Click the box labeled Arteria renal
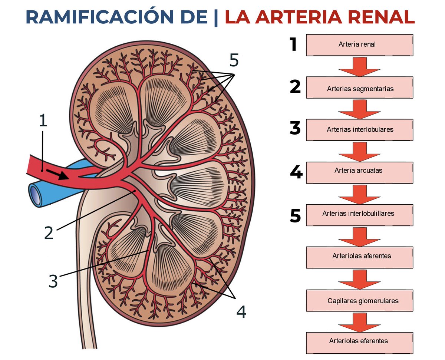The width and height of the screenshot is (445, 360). (359, 45)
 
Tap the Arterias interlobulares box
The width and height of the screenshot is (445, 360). (359, 130)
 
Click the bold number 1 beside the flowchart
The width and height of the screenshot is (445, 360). (294, 44)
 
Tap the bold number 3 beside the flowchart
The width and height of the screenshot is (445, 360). (295, 129)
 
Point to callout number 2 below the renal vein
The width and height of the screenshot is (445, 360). (49, 232)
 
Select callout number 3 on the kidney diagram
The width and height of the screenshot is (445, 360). (53, 281)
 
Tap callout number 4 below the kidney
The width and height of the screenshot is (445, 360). (241, 312)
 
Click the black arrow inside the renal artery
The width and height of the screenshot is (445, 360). (60, 174)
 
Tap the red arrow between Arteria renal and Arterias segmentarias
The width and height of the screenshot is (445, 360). (359, 66)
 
